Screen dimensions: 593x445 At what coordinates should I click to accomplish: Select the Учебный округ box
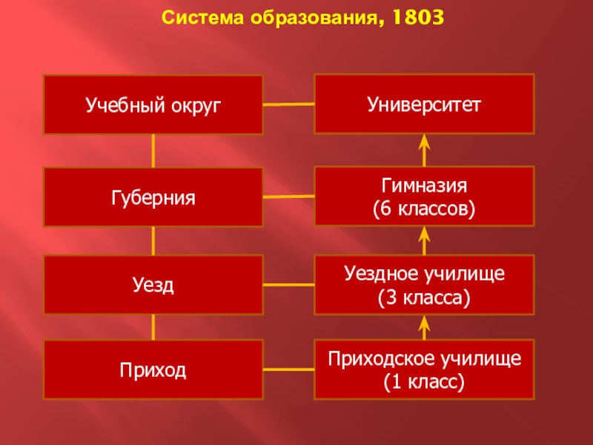click(x=153, y=105)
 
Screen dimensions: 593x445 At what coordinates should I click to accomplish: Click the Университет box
click(x=424, y=104)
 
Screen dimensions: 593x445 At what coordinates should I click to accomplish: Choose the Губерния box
click(x=153, y=197)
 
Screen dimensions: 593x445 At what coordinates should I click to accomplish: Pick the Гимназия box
click(x=424, y=196)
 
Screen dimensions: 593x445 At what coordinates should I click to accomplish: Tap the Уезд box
click(x=153, y=284)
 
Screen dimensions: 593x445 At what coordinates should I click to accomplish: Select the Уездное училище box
click(x=424, y=284)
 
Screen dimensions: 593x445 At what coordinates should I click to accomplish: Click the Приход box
click(x=153, y=369)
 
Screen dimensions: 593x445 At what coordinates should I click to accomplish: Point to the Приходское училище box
click(x=424, y=369)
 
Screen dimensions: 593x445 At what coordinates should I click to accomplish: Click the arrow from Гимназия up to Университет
click(x=425, y=150)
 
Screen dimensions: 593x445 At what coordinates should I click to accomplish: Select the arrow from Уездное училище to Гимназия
click(x=425, y=240)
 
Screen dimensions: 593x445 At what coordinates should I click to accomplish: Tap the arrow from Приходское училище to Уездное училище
click(x=425, y=327)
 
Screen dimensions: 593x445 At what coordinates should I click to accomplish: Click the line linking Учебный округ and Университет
click(x=289, y=105)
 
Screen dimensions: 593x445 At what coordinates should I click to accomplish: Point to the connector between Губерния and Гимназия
click(x=289, y=197)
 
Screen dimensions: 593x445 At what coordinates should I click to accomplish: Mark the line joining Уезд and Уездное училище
click(x=289, y=284)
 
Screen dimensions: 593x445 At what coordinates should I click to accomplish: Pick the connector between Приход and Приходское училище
click(x=289, y=369)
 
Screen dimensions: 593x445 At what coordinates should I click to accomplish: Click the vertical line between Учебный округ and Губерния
click(x=153, y=151)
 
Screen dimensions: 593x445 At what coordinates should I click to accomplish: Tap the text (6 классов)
click(x=424, y=210)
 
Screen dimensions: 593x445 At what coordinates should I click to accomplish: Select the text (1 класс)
click(x=424, y=383)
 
